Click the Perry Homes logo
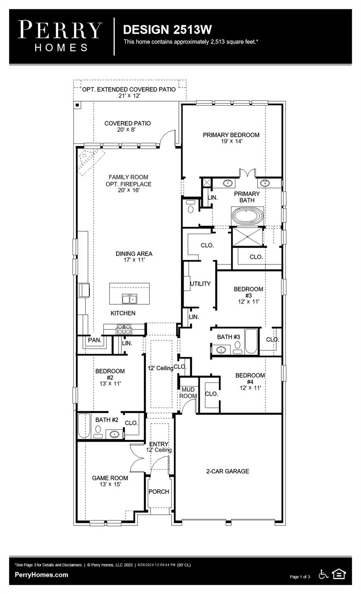click(60, 36)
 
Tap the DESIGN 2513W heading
click(167, 29)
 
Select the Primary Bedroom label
click(231, 135)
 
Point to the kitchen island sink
click(129, 299)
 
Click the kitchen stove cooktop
click(124, 329)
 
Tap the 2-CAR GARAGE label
click(227, 471)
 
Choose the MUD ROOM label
click(188, 393)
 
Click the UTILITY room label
click(200, 284)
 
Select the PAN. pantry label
click(95, 340)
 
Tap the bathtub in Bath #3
click(251, 341)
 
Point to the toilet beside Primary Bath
click(190, 208)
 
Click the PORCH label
click(159, 492)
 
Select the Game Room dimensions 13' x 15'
click(110, 484)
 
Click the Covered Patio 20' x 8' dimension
click(126, 130)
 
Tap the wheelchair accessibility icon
click(323, 574)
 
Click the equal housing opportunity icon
click(339, 574)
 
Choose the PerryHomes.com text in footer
click(41, 575)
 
